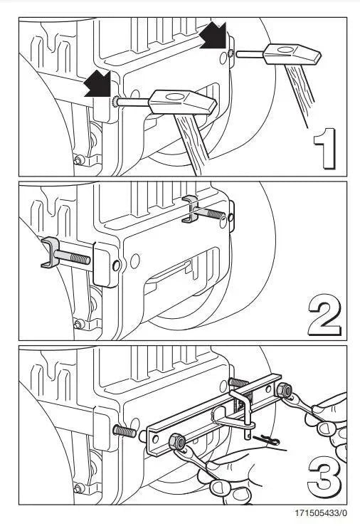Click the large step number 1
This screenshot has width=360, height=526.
pyautogui.click(x=325, y=148)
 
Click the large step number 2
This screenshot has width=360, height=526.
pyautogui.click(x=324, y=315)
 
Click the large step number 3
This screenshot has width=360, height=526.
pyautogui.click(x=324, y=479)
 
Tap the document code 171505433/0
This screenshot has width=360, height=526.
pyautogui.click(x=321, y=513)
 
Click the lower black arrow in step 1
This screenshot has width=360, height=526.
pyautogui.click(x=97, y=83)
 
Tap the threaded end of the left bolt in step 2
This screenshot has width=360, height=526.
pyautogui.click(x=81, y=258)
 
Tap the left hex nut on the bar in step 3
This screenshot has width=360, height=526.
pyautogui.click(x=176, y=443)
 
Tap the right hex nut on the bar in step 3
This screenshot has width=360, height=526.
pyautogui.click(x=284, y=389)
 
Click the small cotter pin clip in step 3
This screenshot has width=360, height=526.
pyautogui.click(x=266, y=440)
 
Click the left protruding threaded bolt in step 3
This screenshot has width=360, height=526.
pyautogui.click(x=125, y=431)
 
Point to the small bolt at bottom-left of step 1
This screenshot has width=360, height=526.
pyautogui.click(x=79, y=160)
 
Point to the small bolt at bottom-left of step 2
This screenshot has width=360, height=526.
pyautogui.click(x=79, y=324)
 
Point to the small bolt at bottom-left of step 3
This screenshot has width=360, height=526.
pyautogui.click(x=79, y=488)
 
